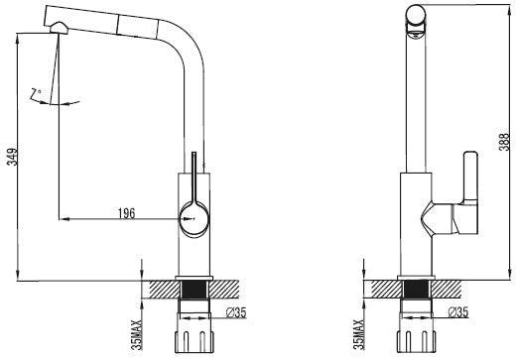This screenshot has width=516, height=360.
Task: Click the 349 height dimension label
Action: click(x=12, y=157)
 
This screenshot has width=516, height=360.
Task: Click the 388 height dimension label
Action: click(x=504, y=142)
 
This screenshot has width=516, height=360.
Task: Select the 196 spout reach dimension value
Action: click(x=127, y=213)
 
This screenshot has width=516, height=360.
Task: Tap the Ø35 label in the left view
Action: click(x=236, y=312)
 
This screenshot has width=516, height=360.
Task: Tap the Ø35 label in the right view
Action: click(x=458, y=311)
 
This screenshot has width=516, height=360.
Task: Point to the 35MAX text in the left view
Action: click(x=136, y=334)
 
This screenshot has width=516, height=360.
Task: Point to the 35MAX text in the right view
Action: click(x=358, y=334)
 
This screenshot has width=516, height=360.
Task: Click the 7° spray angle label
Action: click(x=36, y=93)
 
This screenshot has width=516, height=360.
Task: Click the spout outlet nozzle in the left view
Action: click(x=59, y=28)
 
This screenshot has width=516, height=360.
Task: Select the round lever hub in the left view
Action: click(x=193, y=218)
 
